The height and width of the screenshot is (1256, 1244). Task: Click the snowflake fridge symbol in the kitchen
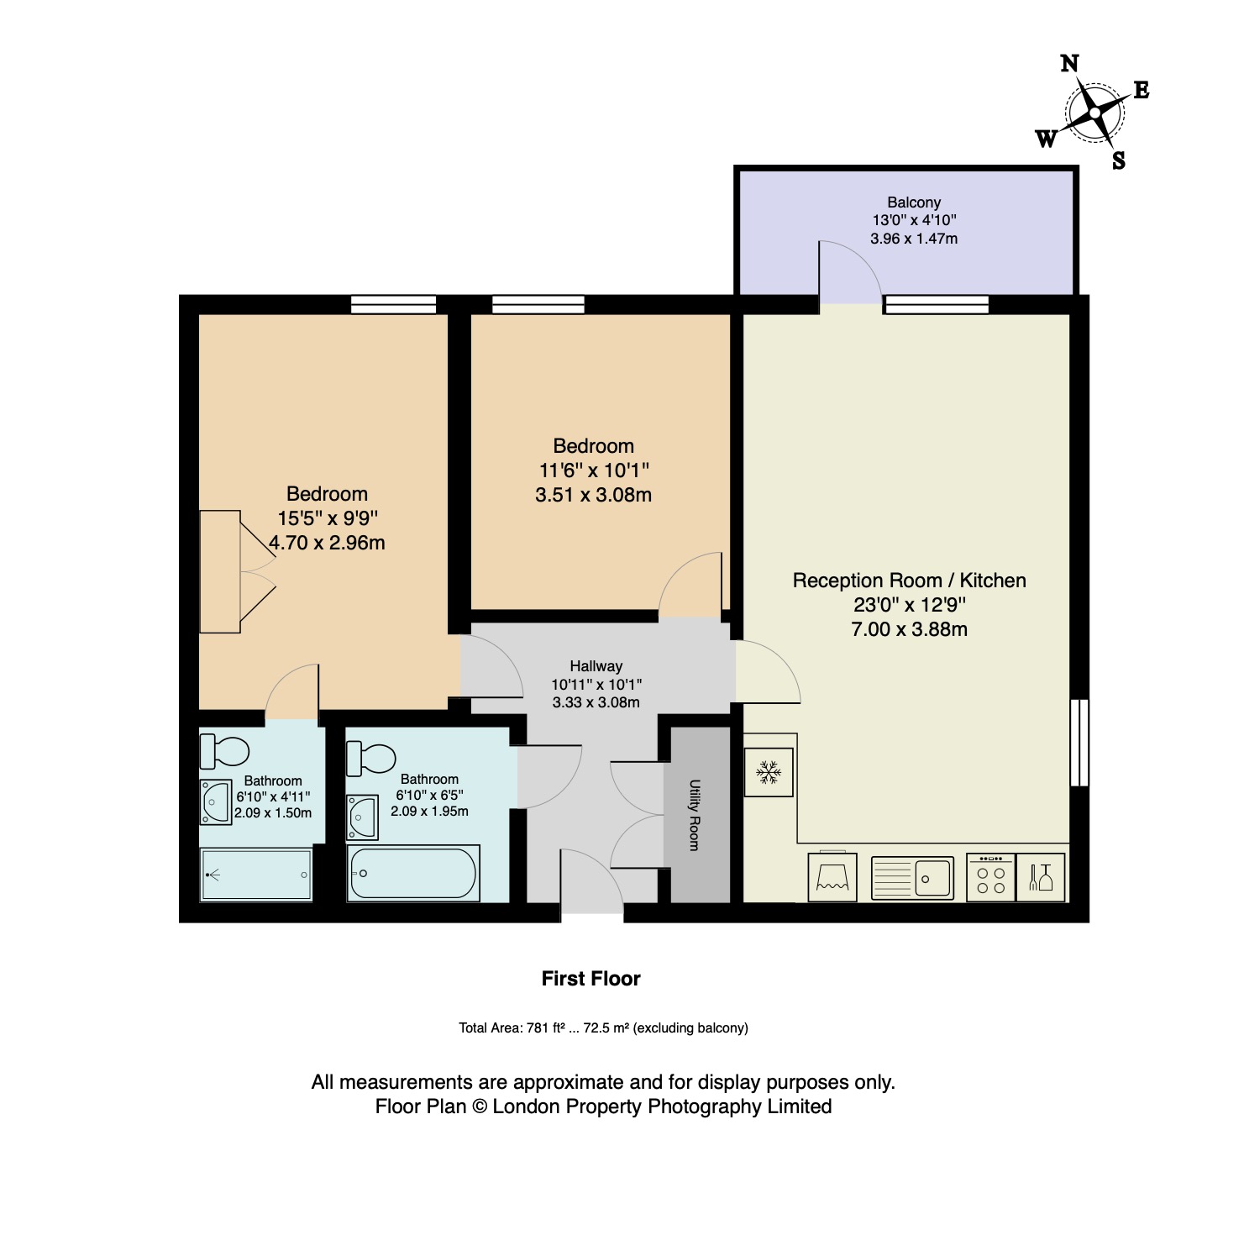click(x=769, y=772)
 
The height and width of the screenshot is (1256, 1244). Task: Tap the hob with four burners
click(x=991, y=878)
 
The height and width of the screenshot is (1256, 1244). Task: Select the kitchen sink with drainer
click(x=912, y=878)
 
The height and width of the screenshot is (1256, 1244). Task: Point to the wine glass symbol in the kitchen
click(x=1041, y=878)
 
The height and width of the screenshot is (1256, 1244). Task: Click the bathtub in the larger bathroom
click(x=413, y=873)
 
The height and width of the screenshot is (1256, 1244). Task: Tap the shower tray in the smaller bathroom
click(x=256, y=875)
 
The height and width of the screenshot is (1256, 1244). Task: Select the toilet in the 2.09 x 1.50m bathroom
click(x=224, y=750)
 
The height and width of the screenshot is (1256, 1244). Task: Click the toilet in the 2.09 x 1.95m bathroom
click(x=371, y=759)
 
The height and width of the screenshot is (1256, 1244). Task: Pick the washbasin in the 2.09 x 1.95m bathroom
click(x=363, y=817)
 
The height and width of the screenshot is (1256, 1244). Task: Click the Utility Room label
click(x=695, y=815)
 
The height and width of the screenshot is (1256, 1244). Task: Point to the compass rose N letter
click(x=1069, y=64)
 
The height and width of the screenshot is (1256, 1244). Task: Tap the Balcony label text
click(x=914, y=202)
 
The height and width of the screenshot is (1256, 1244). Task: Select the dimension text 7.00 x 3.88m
click(x=910, y=629)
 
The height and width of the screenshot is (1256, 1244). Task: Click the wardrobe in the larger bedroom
click(x=220, y=571)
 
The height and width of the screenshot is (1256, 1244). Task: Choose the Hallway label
click(x=596, y=666)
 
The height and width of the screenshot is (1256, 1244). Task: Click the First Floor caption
click(x=591, y=979)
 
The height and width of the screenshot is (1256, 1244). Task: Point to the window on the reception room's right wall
click(x=1079, y=743)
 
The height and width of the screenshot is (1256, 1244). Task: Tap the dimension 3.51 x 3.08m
click(x=594, y=495)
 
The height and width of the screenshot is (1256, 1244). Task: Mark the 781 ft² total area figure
click(x=543, y=1027)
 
